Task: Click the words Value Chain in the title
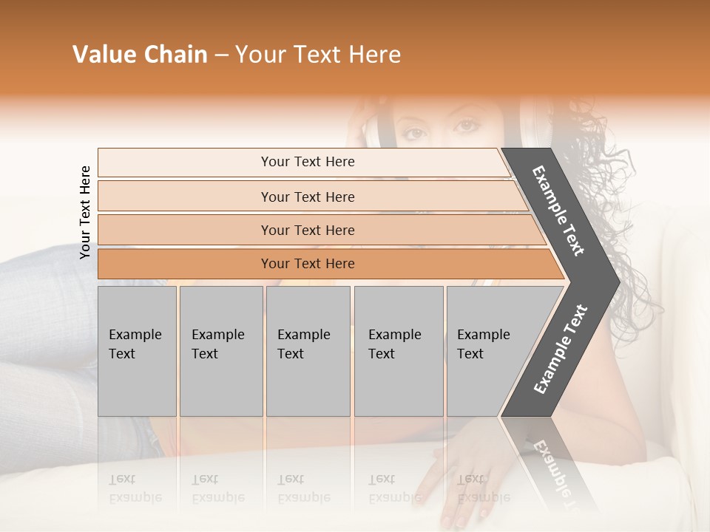140,55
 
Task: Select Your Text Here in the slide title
318,55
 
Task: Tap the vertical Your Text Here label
85,212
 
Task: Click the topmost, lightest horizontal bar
307,162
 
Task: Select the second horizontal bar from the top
307,197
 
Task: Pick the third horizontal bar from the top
307,230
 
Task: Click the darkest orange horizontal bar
307,264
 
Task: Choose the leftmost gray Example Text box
137,351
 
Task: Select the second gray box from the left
220,351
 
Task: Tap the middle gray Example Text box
308,351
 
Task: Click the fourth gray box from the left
398,351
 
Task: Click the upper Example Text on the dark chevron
558,211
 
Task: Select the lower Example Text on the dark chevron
561,349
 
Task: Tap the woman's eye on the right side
465,126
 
